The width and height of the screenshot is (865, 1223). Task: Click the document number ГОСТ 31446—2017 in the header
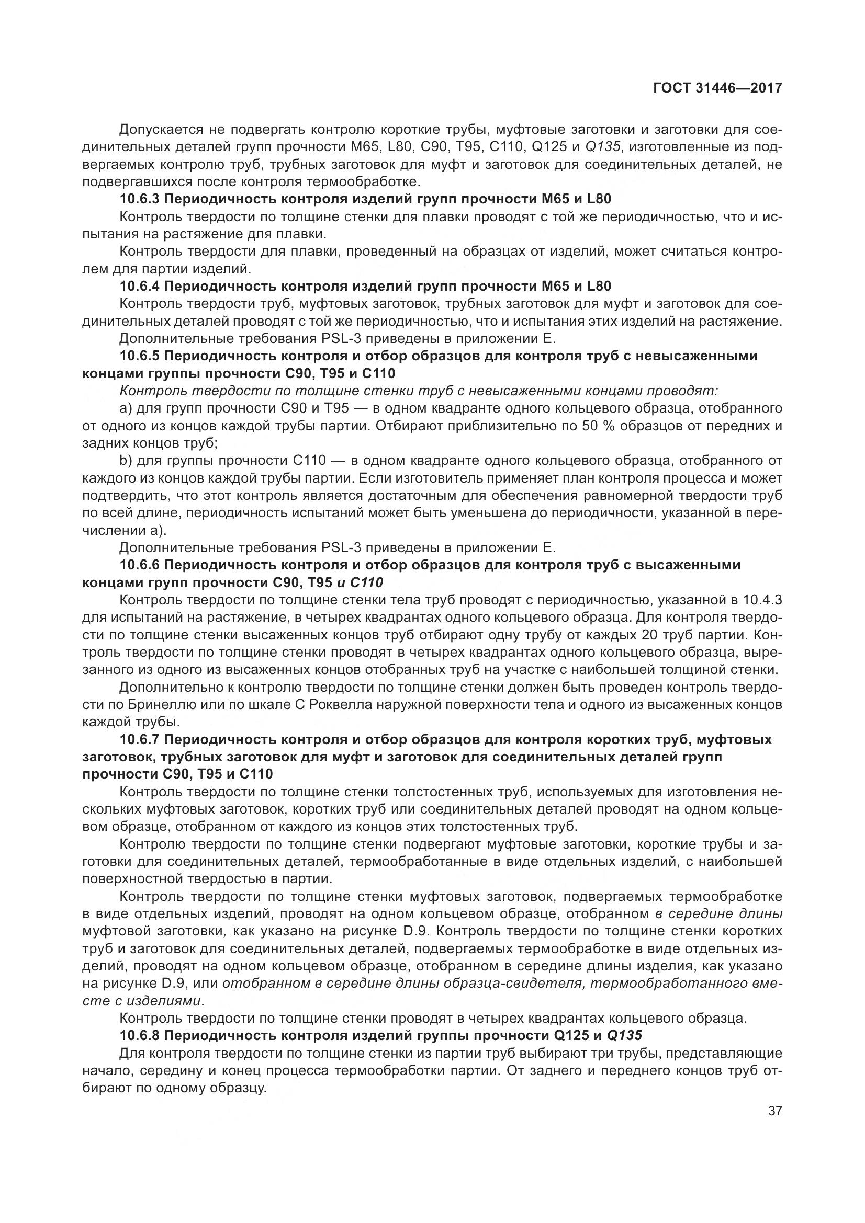tap(717, 88)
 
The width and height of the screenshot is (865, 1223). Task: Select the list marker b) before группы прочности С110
tap(126, 460)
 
